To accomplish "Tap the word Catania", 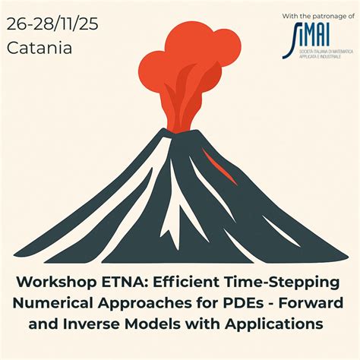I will pos(39,48).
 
